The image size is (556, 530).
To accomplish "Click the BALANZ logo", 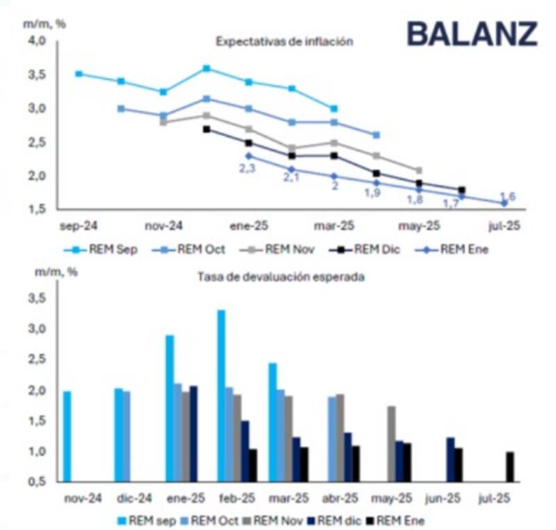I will [x=472, y=33].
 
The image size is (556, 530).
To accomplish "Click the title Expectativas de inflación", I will [x=285, y=42].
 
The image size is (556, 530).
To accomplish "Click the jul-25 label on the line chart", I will [x=505, y=226].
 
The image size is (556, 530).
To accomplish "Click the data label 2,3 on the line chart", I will [x=247, y=168].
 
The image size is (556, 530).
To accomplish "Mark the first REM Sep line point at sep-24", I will [x=79, y=74].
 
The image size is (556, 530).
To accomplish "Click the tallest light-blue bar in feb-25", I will [x=221, y=395].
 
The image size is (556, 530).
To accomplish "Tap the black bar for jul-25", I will [x=510, y=467].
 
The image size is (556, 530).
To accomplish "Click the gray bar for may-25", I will [x=392, y=444].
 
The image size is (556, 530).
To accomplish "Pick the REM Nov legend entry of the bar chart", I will [x=271, y=520].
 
